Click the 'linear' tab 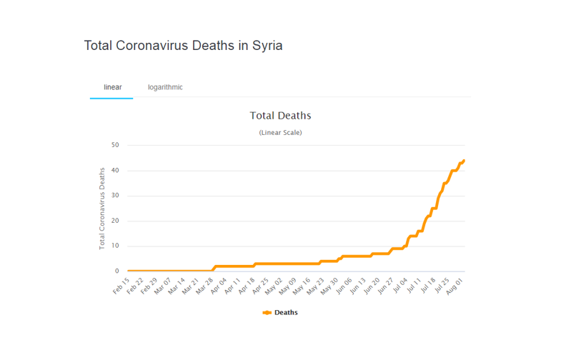point(112,87)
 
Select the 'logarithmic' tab point(165,87)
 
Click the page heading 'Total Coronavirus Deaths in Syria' point(183,46)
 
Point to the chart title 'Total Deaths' point(280,115)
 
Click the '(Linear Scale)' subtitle point(280,132)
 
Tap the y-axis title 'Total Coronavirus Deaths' point(102,208)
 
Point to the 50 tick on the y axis point(114,145)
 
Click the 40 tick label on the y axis point(114,171)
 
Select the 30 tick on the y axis point(114,196)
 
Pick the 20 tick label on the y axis point(114,221)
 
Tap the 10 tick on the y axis point(114,246)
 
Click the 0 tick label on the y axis point(116,271)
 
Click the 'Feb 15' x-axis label point(121,286)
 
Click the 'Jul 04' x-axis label point(401,286)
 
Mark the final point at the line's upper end point(464,161)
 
